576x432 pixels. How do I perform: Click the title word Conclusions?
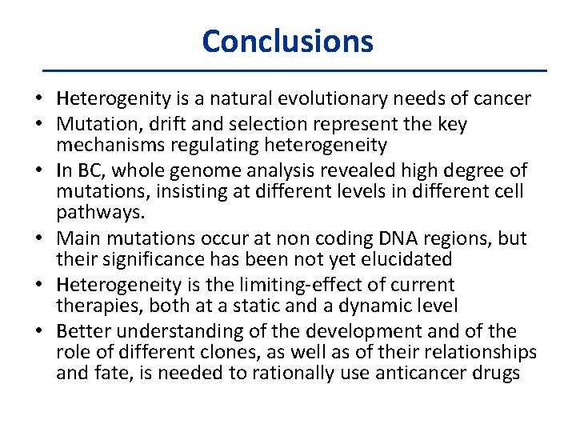[287, 41]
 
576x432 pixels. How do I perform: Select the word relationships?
[476, 353]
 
